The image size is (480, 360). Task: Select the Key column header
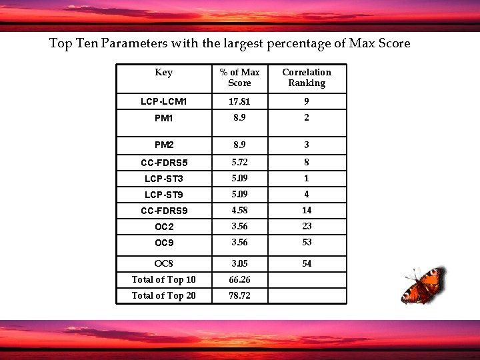163,73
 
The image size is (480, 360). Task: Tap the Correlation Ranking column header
307,77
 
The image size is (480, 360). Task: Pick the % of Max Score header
239,77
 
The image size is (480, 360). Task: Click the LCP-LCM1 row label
163,102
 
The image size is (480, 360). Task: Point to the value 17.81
239,102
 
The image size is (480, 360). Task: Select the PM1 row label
163,118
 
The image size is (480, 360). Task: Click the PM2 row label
163,145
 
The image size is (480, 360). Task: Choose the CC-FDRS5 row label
163,163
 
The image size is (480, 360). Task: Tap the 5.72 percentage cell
239,162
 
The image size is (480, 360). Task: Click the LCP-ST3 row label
163,179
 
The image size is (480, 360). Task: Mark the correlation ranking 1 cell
307,178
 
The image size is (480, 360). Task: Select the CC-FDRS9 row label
163,211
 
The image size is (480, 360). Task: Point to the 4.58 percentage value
239,210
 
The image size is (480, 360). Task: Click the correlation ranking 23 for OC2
307,226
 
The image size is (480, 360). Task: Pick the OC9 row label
163,243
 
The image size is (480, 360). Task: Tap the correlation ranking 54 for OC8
307,263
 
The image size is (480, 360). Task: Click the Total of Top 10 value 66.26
239,279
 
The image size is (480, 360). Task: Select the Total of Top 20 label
163,295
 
